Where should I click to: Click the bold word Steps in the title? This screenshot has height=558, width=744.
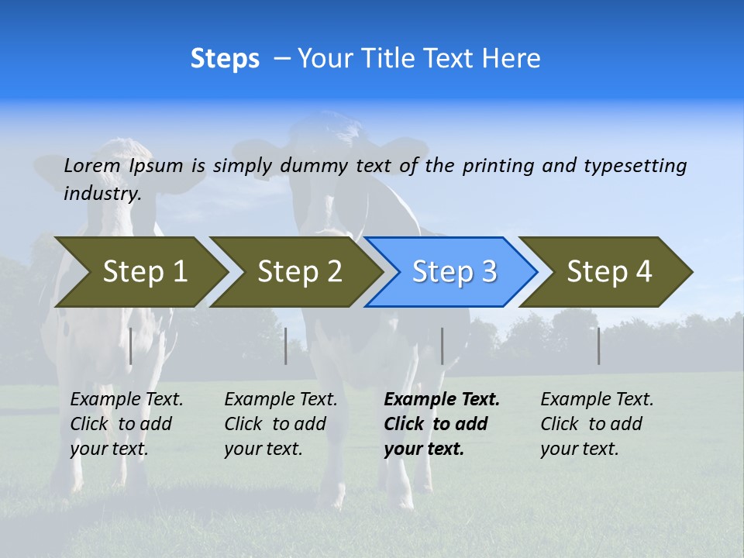(225, 59)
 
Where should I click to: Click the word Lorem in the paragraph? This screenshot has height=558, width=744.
(91, 166)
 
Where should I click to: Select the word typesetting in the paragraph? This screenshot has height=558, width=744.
(635, 166)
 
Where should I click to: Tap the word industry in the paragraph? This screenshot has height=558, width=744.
(102, 193)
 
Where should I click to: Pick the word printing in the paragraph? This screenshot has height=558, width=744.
(499, 166)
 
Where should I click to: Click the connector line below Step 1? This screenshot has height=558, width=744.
(130, 346)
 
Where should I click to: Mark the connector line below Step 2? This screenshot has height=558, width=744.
(286, 346)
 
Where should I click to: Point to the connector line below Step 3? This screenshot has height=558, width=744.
(442, 346)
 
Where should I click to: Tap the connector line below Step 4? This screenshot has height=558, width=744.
(599, 346)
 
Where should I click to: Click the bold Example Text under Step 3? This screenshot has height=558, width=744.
(442, 400)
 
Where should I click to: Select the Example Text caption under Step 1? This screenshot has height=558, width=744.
(126, 400)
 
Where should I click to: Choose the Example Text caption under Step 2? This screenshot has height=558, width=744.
(281, 400)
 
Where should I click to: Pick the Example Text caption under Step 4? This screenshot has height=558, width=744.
(597, 400)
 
